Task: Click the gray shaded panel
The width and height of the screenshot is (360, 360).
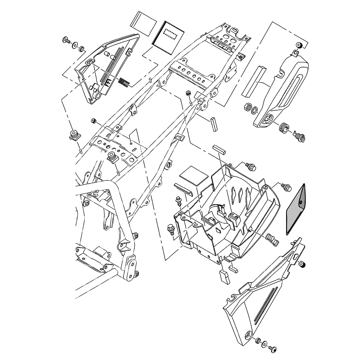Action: [x=296, y=210]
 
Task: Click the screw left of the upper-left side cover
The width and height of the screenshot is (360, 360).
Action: [x=67, y=40]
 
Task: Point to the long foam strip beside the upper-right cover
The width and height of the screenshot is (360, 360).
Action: [x=254, y=81]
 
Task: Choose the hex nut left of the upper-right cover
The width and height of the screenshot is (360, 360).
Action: [x=248, y=107]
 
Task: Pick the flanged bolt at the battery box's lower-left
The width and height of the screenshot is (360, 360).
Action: [x=171, y=229]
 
